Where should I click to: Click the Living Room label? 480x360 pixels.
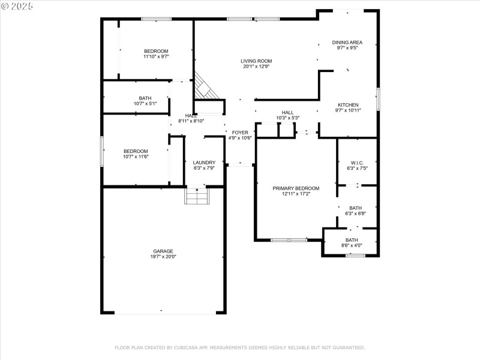tap(256, 61)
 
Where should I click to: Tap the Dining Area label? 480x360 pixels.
tap(347, 42)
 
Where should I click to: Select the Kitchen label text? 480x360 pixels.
tap(348, 104)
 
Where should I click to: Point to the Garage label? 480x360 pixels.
tap(163, 251)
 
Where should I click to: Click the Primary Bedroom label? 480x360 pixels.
tap(296, 188)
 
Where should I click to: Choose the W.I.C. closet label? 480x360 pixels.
tap(357, 163)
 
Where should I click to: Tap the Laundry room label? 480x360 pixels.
tap(204, 162)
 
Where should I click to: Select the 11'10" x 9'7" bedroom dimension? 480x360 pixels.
tap(156, 57)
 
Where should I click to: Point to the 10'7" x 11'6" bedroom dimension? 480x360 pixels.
tap(136, 157)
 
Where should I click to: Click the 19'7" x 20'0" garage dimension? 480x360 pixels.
tap(163, 257)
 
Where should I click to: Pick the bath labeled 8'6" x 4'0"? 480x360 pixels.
tap(351, 242)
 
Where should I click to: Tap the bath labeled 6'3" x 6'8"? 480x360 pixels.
tap(356, 211)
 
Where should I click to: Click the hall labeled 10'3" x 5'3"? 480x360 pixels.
tap(288, 115)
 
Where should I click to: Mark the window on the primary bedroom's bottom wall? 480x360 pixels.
tap(289, 240)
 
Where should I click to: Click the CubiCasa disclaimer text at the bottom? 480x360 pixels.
tap(239, 347)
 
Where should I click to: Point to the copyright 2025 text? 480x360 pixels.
tap(17, 5)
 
